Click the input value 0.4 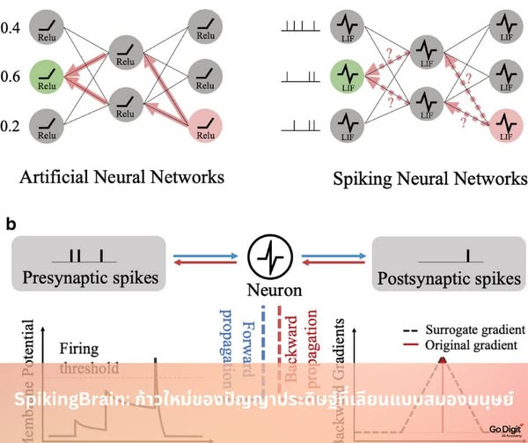[11, 30]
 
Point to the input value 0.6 [11, 78]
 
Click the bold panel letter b [11, 224]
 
